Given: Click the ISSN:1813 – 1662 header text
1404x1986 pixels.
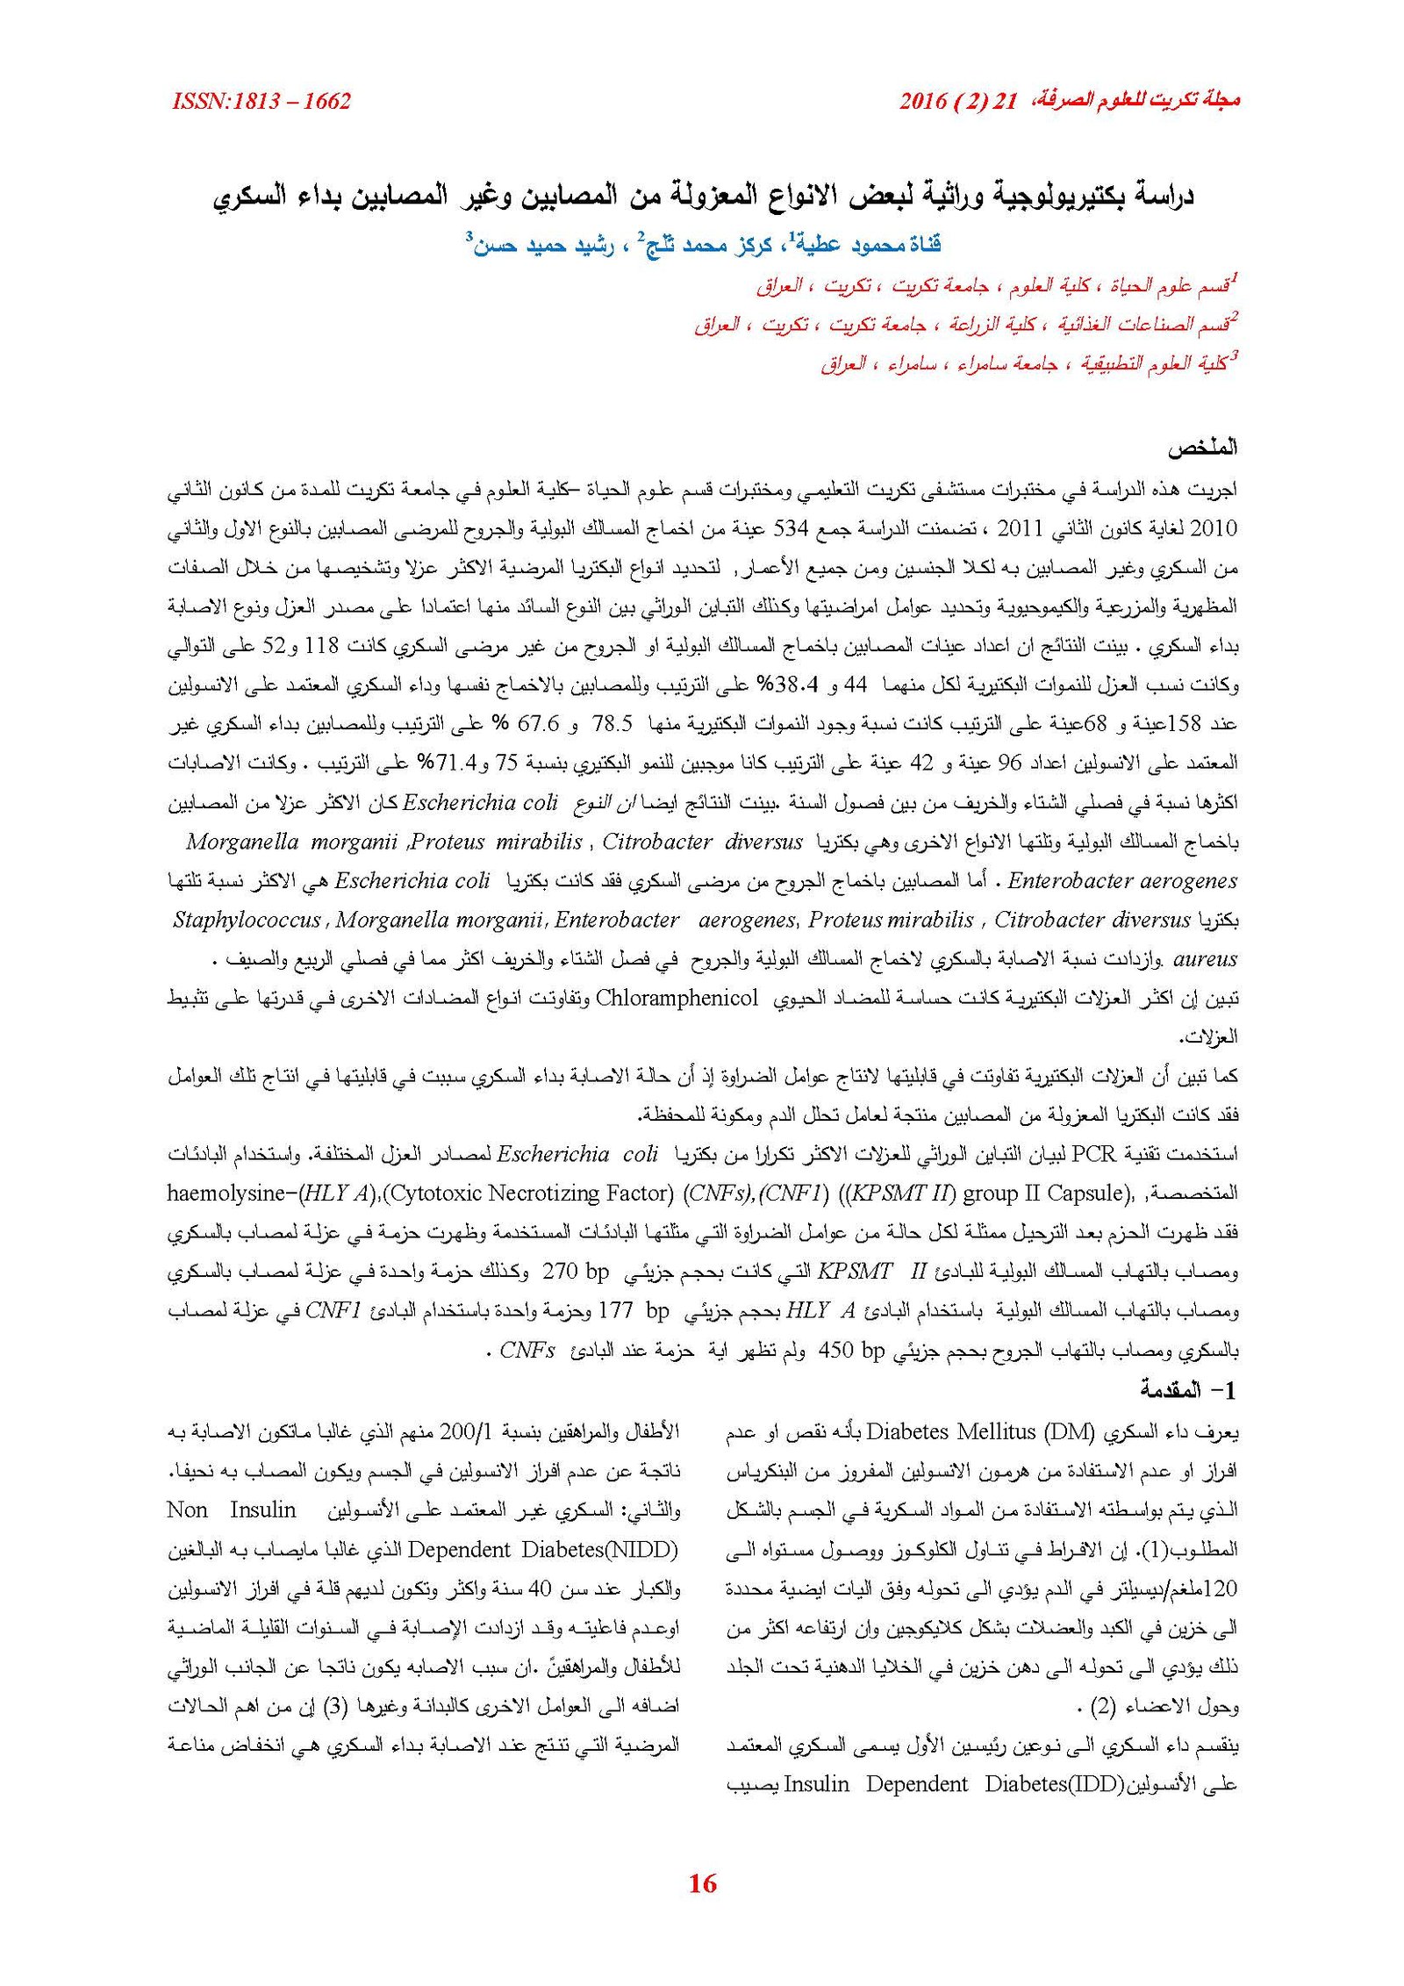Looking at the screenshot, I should click(x=261, y=101).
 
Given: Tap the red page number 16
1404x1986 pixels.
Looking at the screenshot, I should click(x=702, y=1882).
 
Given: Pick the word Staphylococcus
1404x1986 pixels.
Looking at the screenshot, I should click(x=247, y=920).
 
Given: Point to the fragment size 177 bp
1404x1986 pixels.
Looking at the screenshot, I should click(x=633, y=1311).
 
